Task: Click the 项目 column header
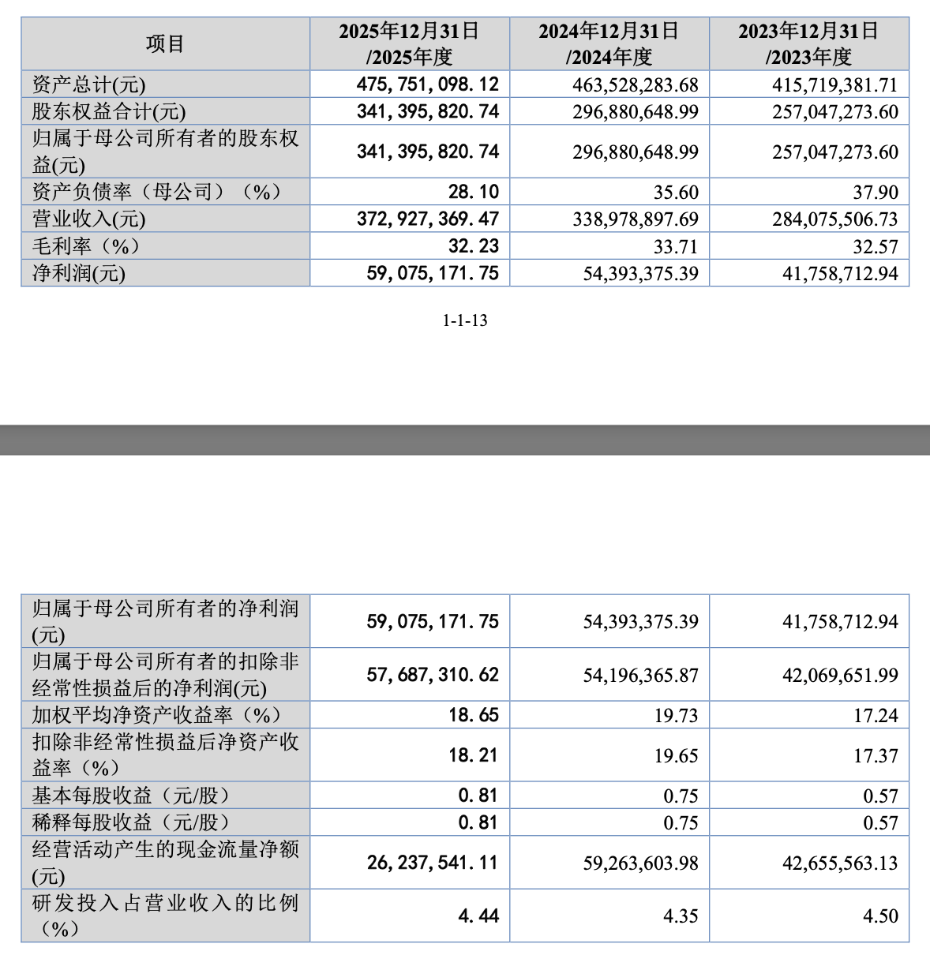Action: tap(165, 44)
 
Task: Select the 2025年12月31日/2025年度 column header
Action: tap(409, 44)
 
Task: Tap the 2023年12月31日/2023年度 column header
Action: tap(808, 44)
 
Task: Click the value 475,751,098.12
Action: tap(428, 84)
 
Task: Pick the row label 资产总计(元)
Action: tap(89, 85)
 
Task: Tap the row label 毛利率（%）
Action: tap(87, 246)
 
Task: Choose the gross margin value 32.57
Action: tap(875, 246)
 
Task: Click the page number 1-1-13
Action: tap(464, 320)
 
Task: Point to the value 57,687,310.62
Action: tap(433, 675)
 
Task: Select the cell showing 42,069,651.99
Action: tap(840, 676)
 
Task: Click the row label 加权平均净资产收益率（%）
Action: tap(156, 715)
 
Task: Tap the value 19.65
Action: tap(676, 756)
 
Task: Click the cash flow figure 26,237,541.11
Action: tap(433, 863)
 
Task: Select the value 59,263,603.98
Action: tap(640, 863)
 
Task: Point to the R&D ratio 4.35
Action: tap(681, 916)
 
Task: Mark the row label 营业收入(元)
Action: tap(89, 219)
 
